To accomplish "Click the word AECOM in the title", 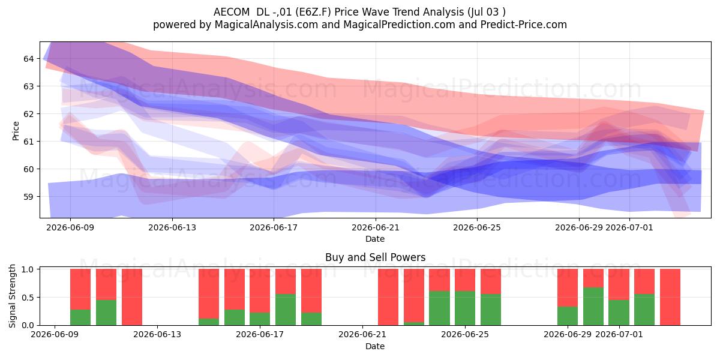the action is pyautogui.click(x=232, y=12).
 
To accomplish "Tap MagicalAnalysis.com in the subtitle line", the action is pyautogui.click(x=266, y=25).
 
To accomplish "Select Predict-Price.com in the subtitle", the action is pyautogui.click(x=524, y=25).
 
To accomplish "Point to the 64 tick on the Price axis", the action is pyautogui.click(x=28, y=59).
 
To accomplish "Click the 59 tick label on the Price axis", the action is pyautogui.click(x=28, y=197).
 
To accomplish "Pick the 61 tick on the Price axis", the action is pyautogui.click(x=28, y=142).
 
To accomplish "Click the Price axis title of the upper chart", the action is pyautogui.click(x=16, y=131).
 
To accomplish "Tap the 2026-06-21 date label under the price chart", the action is pyautogui.click(x=376, y=227).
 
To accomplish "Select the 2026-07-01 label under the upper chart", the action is pyautogui.click(x=629, y=227).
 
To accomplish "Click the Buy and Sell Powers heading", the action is pyautogui.click(x=376, y=257).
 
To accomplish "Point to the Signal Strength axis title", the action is pyautogui.click(x=12, y=296).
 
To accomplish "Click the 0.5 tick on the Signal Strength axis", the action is pyautogui.click(x=28, y=298).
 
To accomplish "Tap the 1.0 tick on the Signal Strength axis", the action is pyautogui.click(x=28, y=269).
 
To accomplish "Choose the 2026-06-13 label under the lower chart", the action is pyautogui.click(x=157, y=335).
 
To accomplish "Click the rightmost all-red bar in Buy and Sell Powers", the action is pyautogui.click(x=670, y=297).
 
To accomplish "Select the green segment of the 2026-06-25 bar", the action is pyautogui.click(x=465, y=308).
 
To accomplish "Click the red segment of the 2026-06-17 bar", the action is pyautogui.click(x=260, y=290).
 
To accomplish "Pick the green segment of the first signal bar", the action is pyautogui.click(x=80, y=317).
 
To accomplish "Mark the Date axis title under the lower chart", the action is pyautogui.click(x=375, y=346).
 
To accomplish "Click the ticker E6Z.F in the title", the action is pyautogui.click(x=313, y=12).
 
